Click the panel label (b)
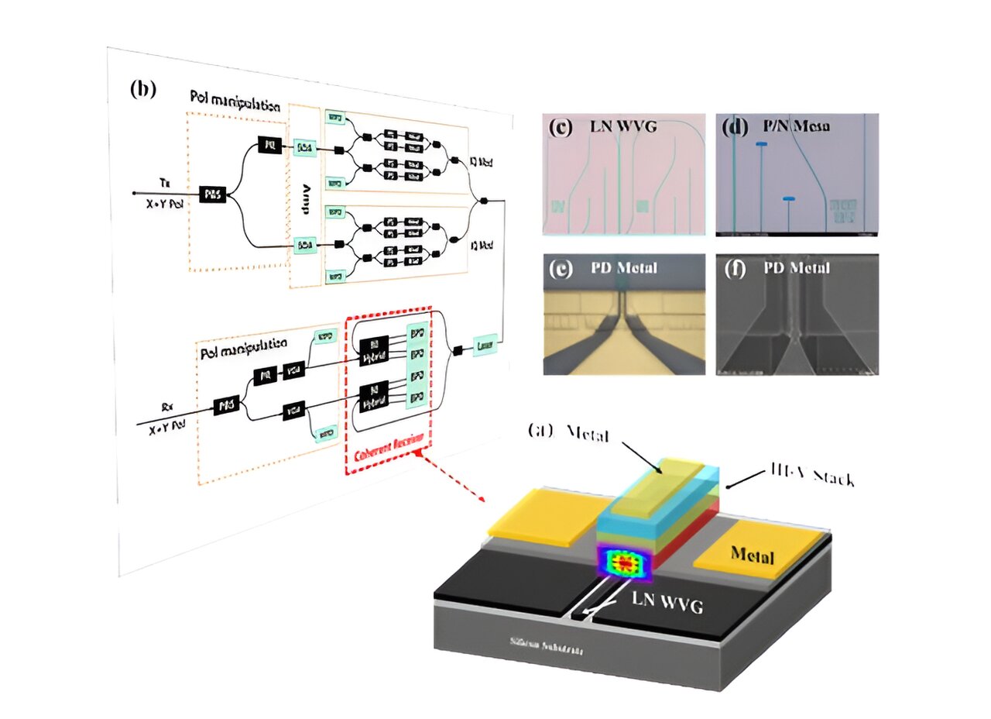pyautogui.click(x=143, y=89)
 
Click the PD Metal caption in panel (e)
pyautogui.click(x=615, y=268)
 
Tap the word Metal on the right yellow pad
pyautogui.click(x=752, y=556)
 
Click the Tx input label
pyautogui.click(x=166, y=181)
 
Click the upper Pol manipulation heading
pyautogui.click(x=235, y=99)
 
